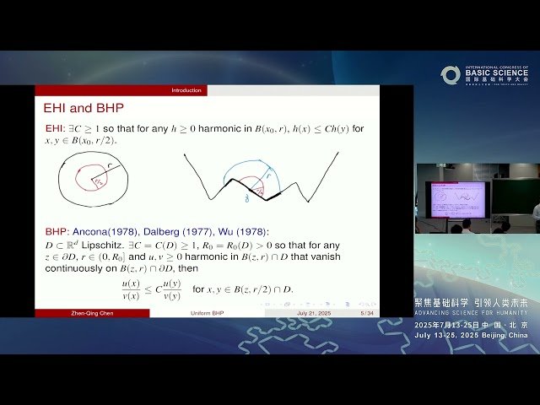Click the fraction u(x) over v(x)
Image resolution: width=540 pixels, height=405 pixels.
pos(132,289)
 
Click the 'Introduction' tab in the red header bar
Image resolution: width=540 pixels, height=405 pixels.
pos(186,90)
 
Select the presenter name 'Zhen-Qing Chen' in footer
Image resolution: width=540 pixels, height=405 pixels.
pos(92,313)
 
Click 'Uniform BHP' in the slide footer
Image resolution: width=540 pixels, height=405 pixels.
pos(206,313)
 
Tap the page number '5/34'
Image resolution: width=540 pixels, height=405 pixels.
pos(367,313)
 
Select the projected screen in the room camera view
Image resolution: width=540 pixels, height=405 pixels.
pos(456,199)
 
